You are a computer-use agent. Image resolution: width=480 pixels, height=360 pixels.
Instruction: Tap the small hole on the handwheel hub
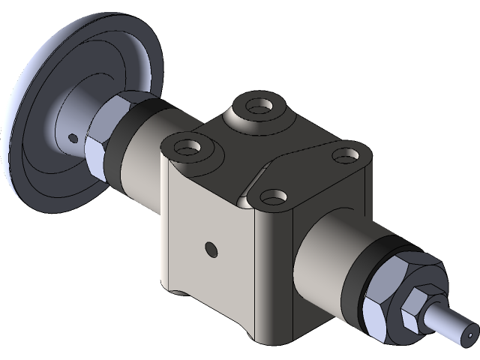coord(72,138)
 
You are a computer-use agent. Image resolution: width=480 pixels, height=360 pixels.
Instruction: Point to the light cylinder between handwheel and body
coord(142,161)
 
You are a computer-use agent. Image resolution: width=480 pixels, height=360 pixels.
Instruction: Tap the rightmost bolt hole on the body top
coord(344,157)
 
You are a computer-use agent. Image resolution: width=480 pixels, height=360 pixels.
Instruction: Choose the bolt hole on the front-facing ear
coord(275,198)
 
